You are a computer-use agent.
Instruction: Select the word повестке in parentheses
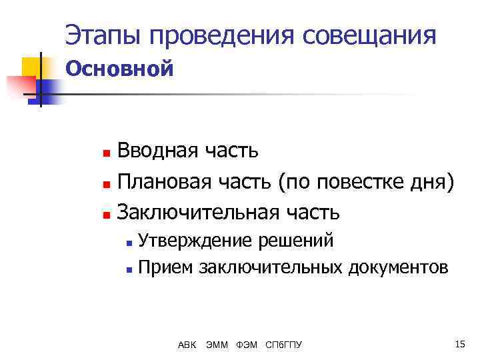[362, 181]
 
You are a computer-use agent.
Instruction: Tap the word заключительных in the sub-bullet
[269, 267]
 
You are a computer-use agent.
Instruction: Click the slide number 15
[459, 344]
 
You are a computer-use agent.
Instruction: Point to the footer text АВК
[187, 345]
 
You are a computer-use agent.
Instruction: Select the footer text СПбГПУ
[283, 345]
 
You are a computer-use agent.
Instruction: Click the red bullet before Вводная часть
[105, 152]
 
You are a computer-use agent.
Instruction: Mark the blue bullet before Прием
[129, 269]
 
